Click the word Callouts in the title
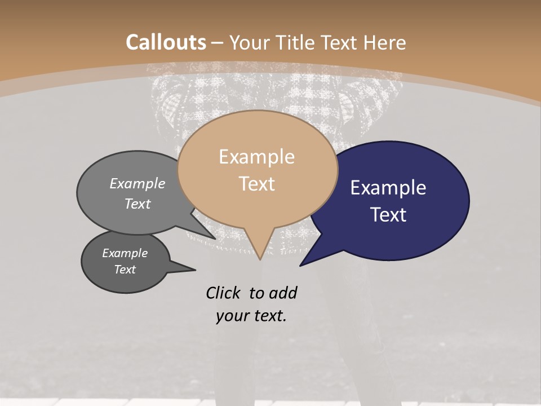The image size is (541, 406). tap(166, 42)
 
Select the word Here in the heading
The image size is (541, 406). tap(386, 42)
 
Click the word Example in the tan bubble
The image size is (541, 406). tap(256, 157)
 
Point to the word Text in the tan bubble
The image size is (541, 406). tap(256, 184)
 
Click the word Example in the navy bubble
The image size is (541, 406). tap(388, 188)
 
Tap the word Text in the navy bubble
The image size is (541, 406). tap(388, 215)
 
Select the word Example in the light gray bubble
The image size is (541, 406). tap(138, 183)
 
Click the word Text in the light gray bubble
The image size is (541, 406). tap(138, 204)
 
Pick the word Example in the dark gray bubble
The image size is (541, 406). tap(125, 253)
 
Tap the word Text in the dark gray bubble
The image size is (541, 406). tap(125, 270)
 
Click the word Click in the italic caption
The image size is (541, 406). tap(223, 293)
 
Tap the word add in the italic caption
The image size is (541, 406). tap(283, 293)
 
